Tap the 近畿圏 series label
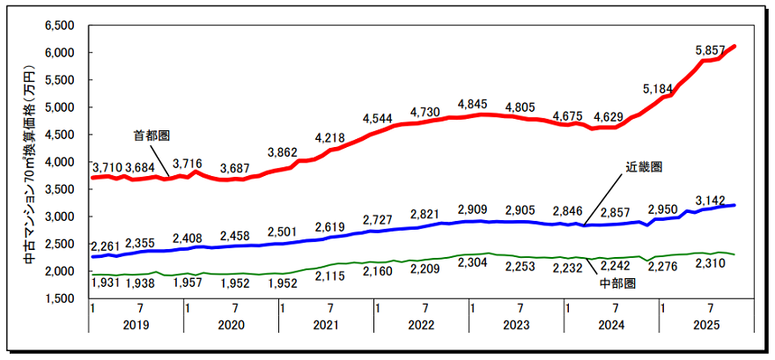point(644,165)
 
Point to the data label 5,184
point(660,89)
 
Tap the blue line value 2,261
point(108,245)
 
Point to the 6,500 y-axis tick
point(59,26)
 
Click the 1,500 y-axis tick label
point(59,298)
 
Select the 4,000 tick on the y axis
point(59,162)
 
